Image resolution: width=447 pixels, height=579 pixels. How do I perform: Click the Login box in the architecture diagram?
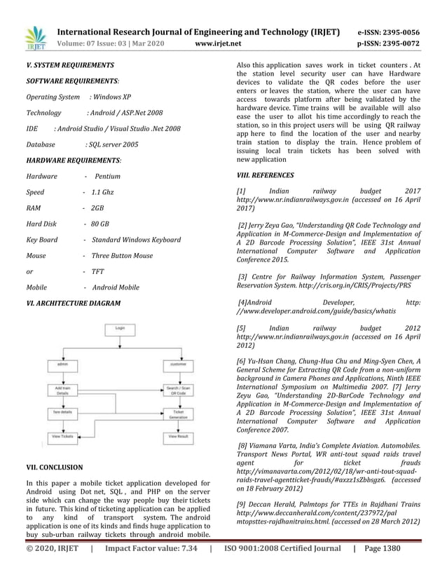coord(120,327)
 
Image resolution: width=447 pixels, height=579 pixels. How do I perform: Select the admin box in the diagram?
coord(62,365)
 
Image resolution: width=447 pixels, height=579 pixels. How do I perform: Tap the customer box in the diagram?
coord(178,365)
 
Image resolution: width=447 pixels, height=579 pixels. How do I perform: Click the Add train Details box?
coord(62,390)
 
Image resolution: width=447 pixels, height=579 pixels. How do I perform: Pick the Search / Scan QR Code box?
coord(178,390)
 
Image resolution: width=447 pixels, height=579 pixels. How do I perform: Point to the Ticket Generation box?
coord(178,414)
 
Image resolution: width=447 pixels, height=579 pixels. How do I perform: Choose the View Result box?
coord(178,437)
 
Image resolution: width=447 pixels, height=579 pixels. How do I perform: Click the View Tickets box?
coord(62,437)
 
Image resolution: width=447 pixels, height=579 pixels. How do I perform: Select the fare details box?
coord(62,413)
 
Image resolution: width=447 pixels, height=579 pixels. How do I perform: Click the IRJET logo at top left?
coord(34,39)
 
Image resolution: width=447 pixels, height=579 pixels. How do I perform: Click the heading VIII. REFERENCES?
coord(266,175)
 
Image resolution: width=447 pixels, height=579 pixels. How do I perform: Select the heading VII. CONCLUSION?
coord(54,467)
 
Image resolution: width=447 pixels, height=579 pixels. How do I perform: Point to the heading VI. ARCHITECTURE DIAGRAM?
coord(73,303)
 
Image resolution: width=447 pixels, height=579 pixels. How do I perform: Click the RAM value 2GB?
coord(97,209)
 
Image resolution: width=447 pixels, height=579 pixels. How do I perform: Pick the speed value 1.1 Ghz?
coord(102,192)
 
